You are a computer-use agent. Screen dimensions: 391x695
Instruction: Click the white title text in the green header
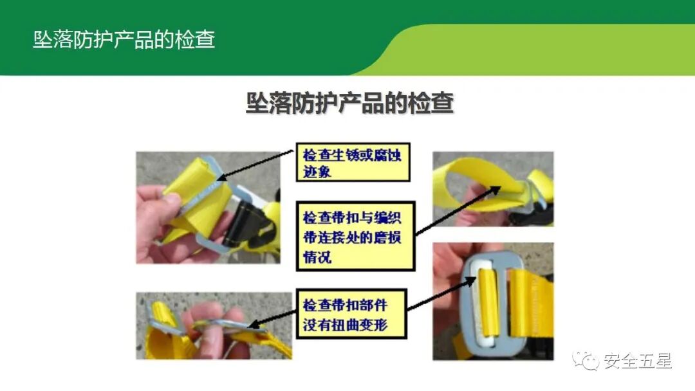124,40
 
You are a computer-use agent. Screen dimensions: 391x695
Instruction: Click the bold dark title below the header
349,103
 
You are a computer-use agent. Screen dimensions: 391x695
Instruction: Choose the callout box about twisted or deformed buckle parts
354,313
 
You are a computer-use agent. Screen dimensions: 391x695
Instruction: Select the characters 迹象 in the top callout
317,172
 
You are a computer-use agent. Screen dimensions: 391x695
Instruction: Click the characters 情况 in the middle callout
317,257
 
